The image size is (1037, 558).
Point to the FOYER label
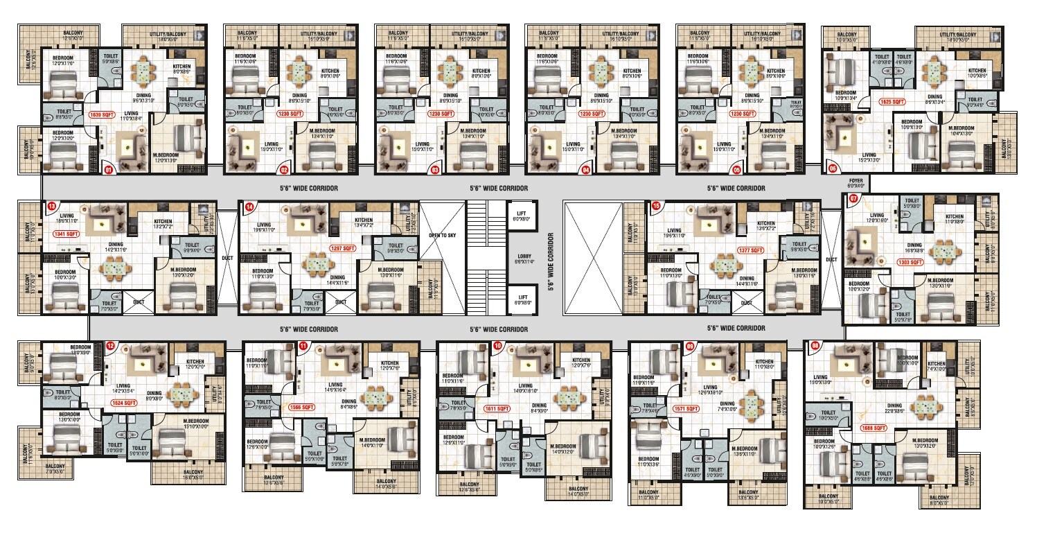856,182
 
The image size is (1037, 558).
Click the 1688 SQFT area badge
875,428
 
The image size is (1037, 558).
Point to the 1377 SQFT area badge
749,250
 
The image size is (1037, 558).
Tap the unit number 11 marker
303,345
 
